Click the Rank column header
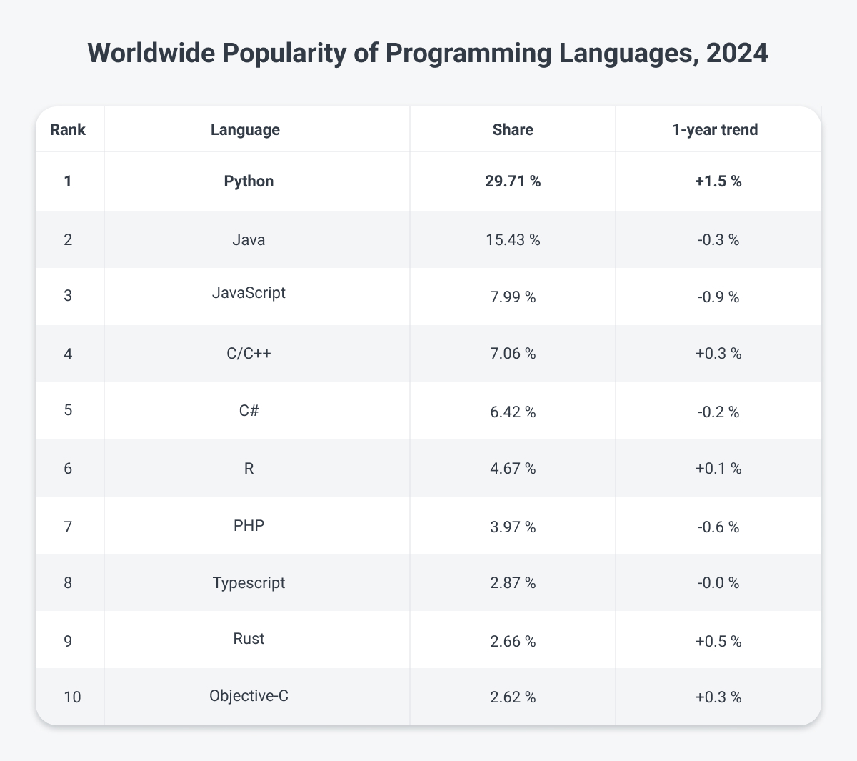click(68, 130)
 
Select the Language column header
click(245, 130)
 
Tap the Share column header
click(513, 130)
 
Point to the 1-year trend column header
click(718, 130)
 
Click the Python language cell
click(249, 181)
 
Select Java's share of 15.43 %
click(513, 240)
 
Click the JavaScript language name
click(249, 292)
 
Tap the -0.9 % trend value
click(718, 297)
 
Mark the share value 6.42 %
click(513, 412)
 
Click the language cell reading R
click(249, 468)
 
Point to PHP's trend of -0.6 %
click(718, 527)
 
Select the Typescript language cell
click(249, 582)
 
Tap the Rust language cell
click(249, 638)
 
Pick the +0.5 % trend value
click(718, 642)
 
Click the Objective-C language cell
click(249, 695)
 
